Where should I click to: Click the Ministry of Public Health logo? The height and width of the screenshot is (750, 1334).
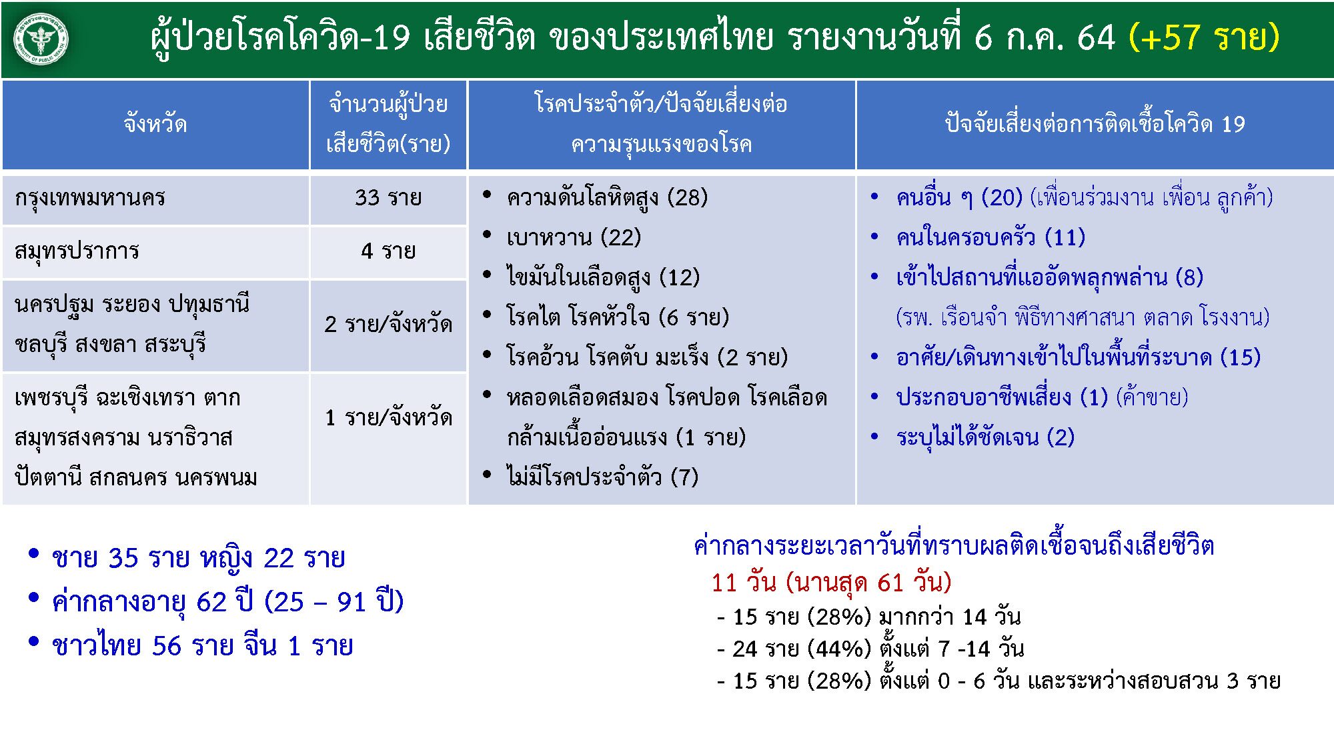(x=41, y=39)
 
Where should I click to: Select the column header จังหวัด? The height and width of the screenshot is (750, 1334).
(x=155, y=124)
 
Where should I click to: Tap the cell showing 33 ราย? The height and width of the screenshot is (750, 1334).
(x=388, y=198)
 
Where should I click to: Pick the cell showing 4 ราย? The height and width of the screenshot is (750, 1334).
(x=388, y=251)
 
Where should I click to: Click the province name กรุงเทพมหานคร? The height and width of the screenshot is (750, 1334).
(x=90, y=198)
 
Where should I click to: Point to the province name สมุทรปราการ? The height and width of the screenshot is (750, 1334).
(x=77, y=251)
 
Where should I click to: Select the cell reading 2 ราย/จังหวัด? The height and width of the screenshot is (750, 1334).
(x=388, y=325)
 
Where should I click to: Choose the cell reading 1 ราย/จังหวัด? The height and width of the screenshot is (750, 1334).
(x=388, y=418)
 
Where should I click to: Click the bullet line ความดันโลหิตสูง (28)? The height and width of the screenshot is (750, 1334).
(x=606, y=198)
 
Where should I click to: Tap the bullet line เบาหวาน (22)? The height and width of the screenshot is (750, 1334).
(x=574, y=237)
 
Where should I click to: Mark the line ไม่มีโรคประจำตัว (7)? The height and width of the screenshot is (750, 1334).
(x=602, y=477)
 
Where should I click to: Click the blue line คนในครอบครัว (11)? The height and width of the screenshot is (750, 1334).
(x=990, y=237)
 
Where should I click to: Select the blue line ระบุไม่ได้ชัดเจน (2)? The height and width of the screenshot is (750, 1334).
(x=985, y=438)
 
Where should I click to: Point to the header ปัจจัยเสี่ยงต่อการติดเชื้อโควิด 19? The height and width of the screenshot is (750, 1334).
(x=1095, y=124)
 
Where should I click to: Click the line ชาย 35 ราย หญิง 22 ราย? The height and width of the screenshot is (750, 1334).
(x=198, y=558)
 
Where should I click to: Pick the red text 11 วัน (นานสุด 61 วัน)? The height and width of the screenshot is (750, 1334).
(x=831, y=583)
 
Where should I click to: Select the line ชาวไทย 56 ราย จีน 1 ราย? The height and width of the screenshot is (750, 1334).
(x=202, y=646)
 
